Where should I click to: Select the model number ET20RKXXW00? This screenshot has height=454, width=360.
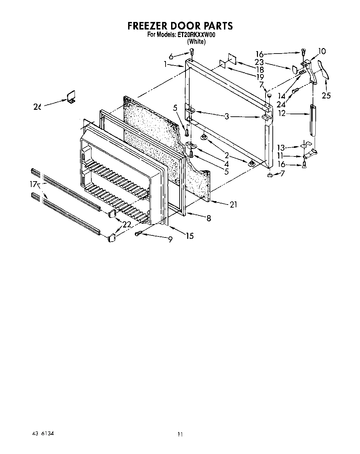tap(196, 35)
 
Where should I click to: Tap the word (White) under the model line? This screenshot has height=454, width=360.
tap(196, 42)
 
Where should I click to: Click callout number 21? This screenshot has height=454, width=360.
tap(234, 205)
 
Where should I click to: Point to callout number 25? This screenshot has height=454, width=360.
tap(326, 95)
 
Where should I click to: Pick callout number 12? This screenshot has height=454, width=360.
tap(282, 113)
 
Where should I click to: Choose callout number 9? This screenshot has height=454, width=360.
tap(170, 240)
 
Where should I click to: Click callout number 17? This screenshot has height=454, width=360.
tap(33, 185)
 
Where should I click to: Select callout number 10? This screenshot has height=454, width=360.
tap(322, 51)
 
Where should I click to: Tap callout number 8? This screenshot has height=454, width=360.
tap(209, 218)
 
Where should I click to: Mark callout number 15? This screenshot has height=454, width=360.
tap(190, 236)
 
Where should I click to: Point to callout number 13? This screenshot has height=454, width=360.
tap(281, 148)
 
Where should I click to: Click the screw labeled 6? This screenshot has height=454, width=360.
tap(192, 52)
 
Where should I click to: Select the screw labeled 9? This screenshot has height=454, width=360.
tap(138, 234)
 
